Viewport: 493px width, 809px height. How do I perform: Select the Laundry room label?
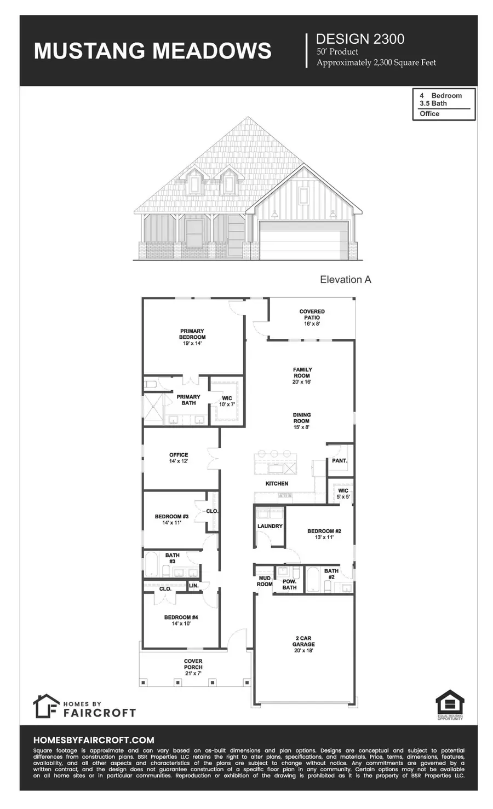coord(270,526)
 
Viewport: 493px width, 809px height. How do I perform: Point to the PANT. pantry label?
coord(340,461)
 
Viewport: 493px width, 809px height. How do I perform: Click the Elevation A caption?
coord(346,280)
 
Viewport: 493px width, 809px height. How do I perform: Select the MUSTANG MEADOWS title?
coord(153,50)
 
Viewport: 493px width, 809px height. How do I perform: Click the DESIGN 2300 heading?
coord(360,39)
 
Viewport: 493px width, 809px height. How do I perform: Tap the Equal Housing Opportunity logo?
coord(450,704)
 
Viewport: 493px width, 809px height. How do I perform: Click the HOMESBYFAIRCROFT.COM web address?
coord(94,740)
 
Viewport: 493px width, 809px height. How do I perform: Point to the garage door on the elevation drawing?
coord(303,240)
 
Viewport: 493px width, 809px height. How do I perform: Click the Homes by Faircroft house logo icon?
coord(45,706)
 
